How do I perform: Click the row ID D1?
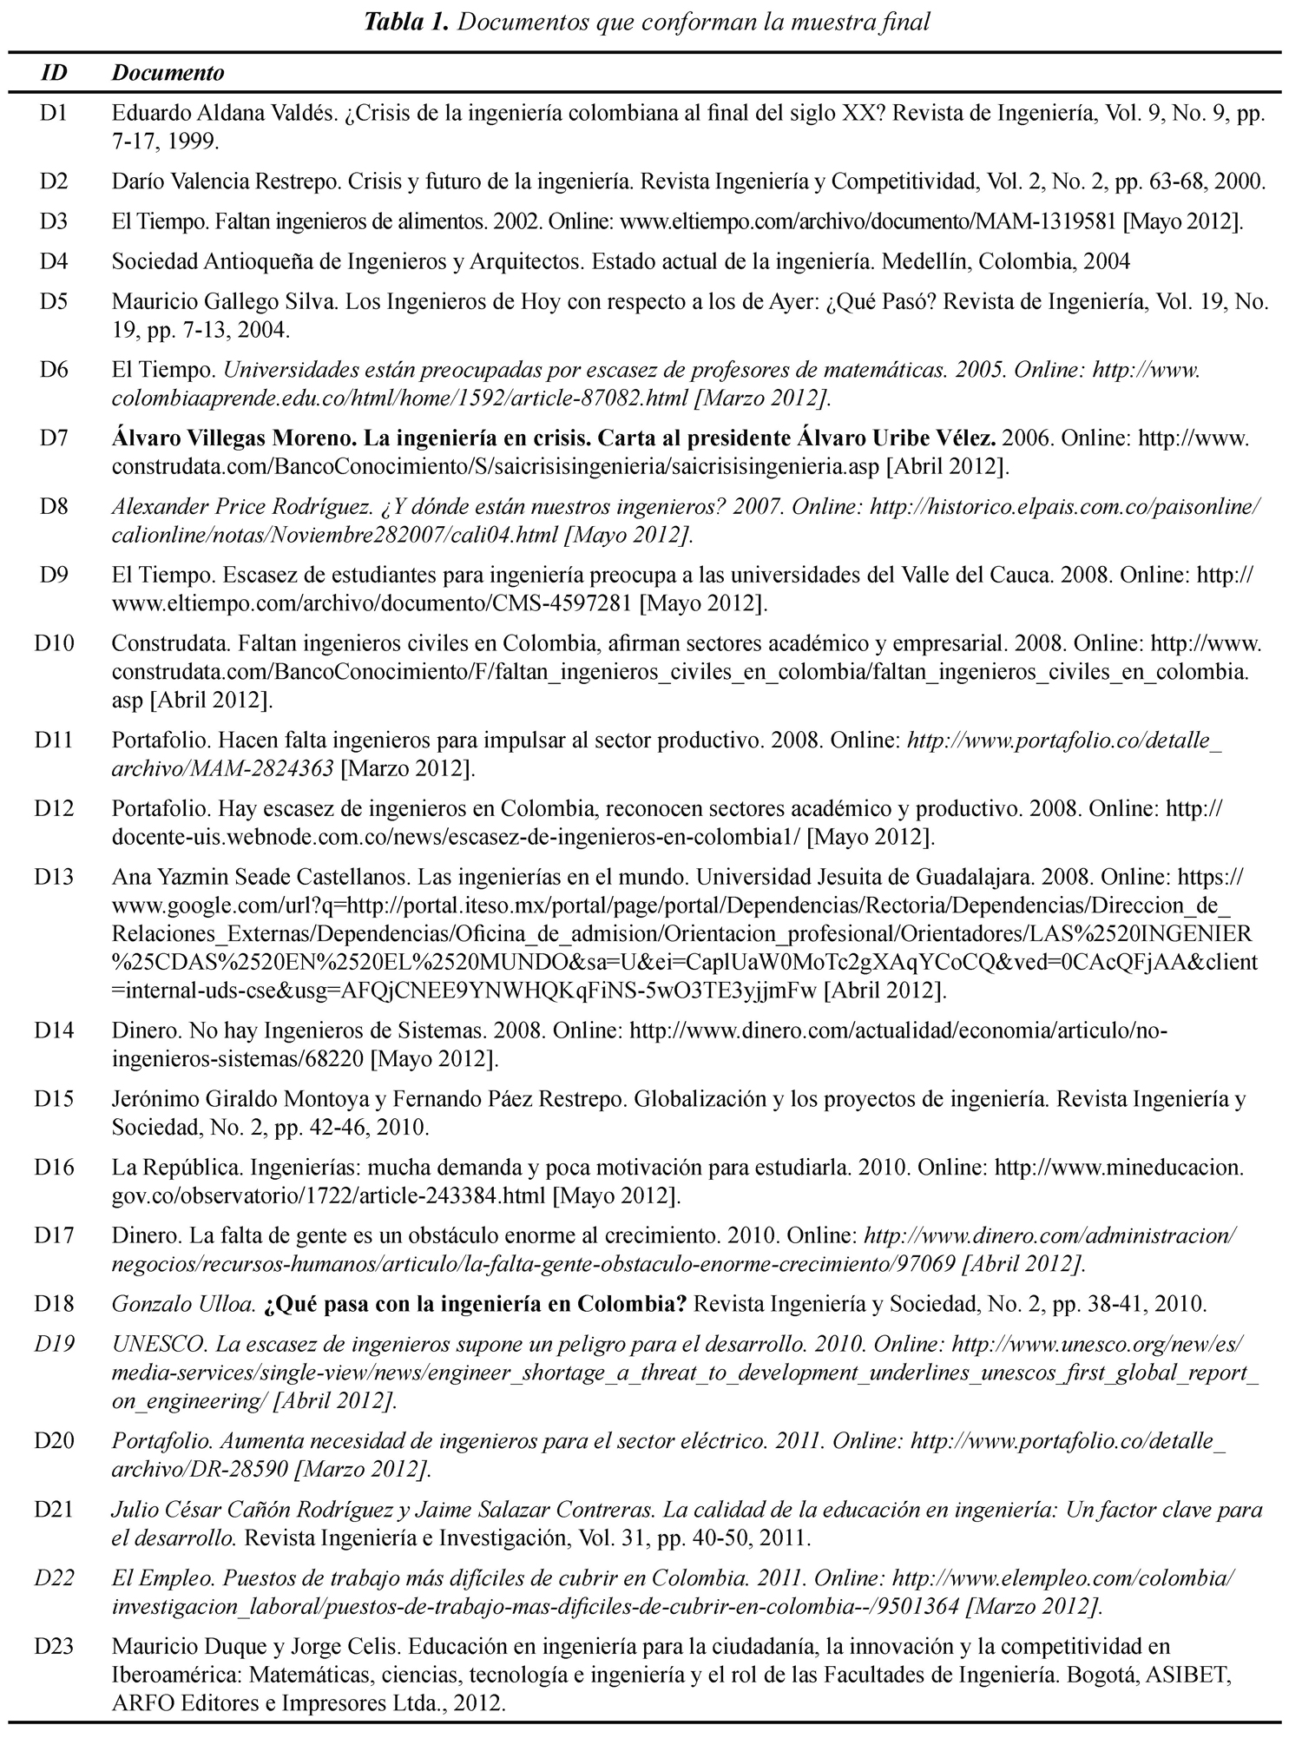click(x=54, y=113)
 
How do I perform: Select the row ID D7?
click(x=54, y=438)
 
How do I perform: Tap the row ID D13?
click(x=54, y=876)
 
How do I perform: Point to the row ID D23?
click(x=54, y=1645)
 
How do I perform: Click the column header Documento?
click(x=168, y=72)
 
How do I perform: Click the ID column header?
click(x=54, y=72)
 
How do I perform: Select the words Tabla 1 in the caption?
click(x=406, y=22)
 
